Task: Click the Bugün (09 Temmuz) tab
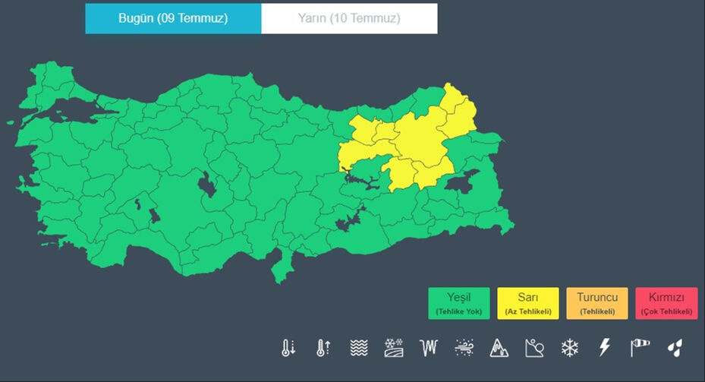coord(173,18)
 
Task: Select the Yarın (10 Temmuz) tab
coord(349,18)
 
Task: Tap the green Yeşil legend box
coord(458,303)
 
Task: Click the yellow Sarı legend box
coord(528,303)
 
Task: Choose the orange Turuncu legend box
coord(597,303)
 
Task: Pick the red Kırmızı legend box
coord(666,303)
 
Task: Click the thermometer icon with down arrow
coord(288,348)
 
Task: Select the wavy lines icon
coord(359,348)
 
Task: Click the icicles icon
coord(430,348)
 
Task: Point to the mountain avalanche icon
coord(499,348)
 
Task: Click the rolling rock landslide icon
coord(534,348)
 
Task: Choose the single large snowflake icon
coord(569,348)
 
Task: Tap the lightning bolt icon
coord(605,348)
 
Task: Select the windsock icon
coord(640,348)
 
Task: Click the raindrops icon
coord(675,348)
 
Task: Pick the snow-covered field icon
coord(394,348)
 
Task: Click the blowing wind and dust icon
coord(464,348)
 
